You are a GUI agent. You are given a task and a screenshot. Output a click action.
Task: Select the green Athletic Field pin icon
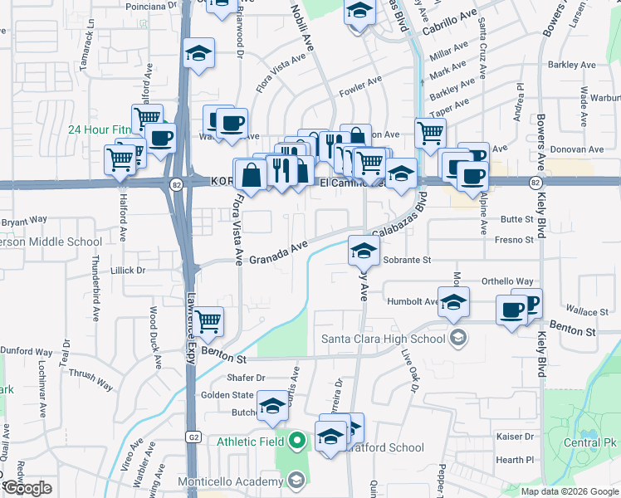(x=296, y=442)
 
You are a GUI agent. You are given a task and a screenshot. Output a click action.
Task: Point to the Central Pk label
(x=591, y=442)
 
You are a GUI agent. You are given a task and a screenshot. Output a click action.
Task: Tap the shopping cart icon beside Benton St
(x=208, y=320)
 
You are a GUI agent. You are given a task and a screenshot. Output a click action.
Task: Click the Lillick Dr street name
(x=129, y=271)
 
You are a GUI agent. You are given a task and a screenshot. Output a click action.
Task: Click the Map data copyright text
(x=569, y=491)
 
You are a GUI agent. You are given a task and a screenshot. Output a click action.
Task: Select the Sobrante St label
(x=408, y=260)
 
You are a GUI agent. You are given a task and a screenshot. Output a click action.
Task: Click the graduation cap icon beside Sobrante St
(x=363, y=249)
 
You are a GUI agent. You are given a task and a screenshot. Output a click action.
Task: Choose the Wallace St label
(x=570, y=312)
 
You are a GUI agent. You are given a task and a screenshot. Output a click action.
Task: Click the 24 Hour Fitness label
(x=99, y=129)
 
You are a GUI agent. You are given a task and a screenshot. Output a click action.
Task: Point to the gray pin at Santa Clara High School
(x=457, y=338)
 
